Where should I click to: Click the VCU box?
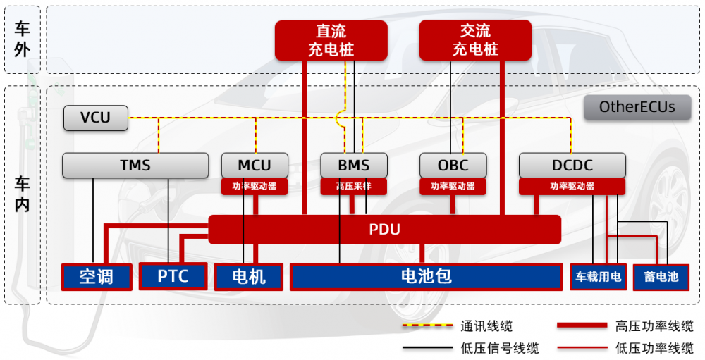pyautogui.click(x=96, y=118)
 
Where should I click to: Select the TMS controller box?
pyautogui.click(x=135, y=166)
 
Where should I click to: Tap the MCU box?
pyautogui.click(x=255, y=166)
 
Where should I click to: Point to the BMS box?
pyautogui.click(x=353, y=166)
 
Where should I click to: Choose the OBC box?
pyautogui.click(x=453, y=166)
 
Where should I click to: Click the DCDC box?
pyautogui.click(x=572, y=166)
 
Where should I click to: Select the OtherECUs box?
pyautogui.click(x=637, y=108)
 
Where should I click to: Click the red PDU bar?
pyautogui.click(x=384, y=230)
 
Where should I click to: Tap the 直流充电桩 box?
pyautogui.click(x=331, y=40)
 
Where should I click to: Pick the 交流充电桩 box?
pyautogui.click(x=475, y=40)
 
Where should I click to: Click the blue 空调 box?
pyautogui.click(x=97, y=276)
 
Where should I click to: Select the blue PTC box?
pyautogui.click(x=173, y=276)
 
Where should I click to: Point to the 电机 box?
pyautogui.click(x=249, y=276)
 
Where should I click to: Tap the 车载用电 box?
pyautogui.click(x=598, y=276)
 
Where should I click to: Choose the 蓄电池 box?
pyautogui.click(x=661, y=276)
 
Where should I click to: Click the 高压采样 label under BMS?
pyautogui.click(x=353, y=187)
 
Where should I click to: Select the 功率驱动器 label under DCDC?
pyautogui.click(x=572, y=187)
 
